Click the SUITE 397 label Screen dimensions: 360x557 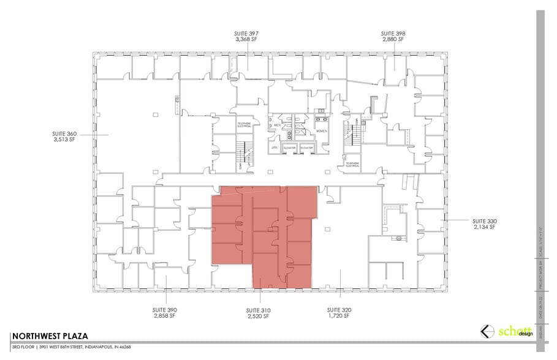[247, 33]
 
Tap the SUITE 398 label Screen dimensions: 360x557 [393, 33]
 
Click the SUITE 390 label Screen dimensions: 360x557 [165, 310]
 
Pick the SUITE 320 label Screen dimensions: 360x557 [338, 310]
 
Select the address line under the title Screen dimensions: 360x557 [72, 347]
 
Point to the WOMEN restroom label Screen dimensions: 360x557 [322, 131]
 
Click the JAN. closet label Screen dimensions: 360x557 [275, 148]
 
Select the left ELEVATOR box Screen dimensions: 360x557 [290, 148]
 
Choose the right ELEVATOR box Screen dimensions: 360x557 [306, 148]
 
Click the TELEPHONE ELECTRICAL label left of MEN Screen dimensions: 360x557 [245, 125]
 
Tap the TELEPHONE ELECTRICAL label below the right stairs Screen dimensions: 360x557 [353, 165]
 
